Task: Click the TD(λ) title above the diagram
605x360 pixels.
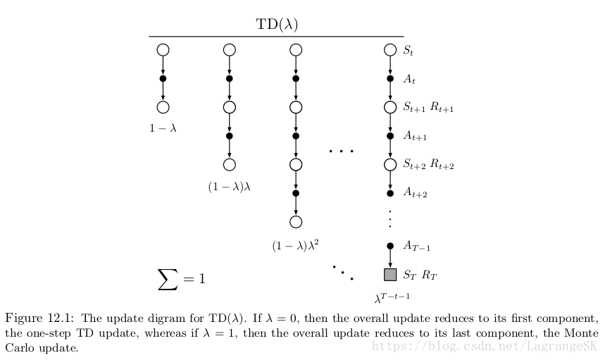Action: [276, 24]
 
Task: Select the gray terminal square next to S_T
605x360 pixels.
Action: [390, 274]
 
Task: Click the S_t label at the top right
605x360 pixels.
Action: [408, 51]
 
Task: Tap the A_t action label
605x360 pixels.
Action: [409, 80]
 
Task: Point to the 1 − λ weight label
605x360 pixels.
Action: [163, 128]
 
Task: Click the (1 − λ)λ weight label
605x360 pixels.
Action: [229, 187]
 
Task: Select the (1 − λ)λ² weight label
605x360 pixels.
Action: [296, 246]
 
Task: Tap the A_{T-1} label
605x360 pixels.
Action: [416, 246]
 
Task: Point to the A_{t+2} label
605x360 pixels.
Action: [415, 192]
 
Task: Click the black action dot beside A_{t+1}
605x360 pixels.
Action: [390, 135]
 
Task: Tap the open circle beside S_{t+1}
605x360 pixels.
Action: [390, 108]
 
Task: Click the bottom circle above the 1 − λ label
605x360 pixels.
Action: [163, 107]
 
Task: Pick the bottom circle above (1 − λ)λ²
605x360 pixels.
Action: [296, 222]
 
